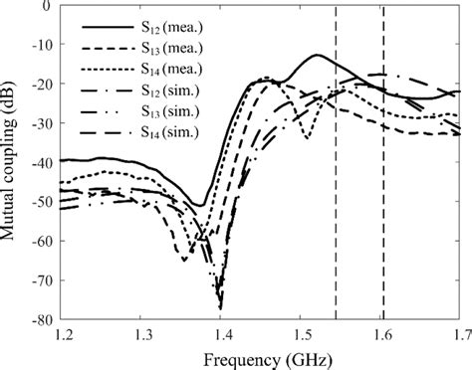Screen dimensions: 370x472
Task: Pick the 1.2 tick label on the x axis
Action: (x=62, y=334)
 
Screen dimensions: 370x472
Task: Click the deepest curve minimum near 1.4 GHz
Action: (x=220, y=308)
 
